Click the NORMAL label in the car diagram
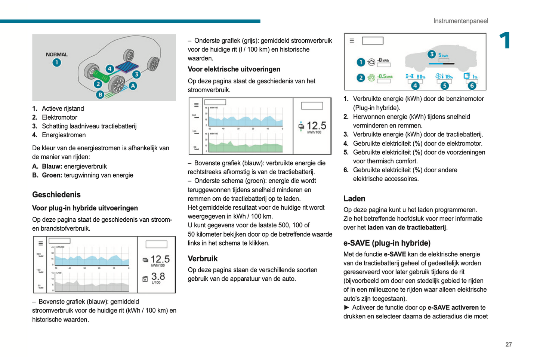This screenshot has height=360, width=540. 57,54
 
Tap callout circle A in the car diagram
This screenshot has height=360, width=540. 133,86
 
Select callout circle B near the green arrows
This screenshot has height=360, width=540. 100,95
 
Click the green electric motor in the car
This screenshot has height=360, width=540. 102,76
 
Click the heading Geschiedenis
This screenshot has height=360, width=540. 56,195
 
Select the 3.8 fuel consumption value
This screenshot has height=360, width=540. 158,276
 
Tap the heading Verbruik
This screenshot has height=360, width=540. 203,259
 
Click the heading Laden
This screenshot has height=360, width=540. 354,199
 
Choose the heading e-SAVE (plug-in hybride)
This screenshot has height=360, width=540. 387,243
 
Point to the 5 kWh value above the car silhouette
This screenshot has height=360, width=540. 444,55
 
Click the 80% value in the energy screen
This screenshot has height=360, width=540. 421,77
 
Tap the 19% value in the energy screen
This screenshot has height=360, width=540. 449,77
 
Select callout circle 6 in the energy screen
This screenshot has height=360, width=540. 472,86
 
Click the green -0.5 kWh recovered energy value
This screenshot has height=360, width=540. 385,76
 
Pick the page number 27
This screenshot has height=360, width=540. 509,344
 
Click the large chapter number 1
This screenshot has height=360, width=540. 505,40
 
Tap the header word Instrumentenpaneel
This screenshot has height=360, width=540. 460,21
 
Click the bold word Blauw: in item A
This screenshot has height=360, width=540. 52,166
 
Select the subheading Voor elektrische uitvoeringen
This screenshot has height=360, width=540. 234,69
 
